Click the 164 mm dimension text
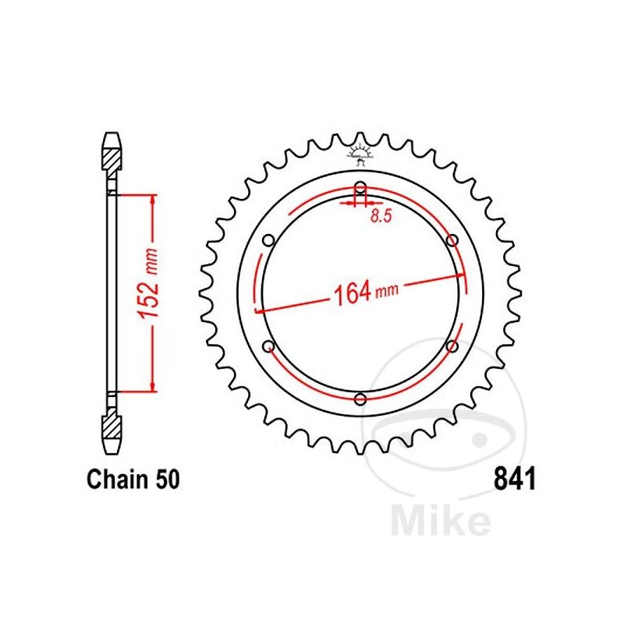[365, 294]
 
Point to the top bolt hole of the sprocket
[360, 188]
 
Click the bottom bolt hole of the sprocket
[360, 399]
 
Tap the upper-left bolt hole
[268, 240]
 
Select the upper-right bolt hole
[452, 240]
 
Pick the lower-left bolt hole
[268, 346]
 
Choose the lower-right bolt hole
[452, 346]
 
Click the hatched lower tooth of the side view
[112, 427]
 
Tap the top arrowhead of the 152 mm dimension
[153, 197]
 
